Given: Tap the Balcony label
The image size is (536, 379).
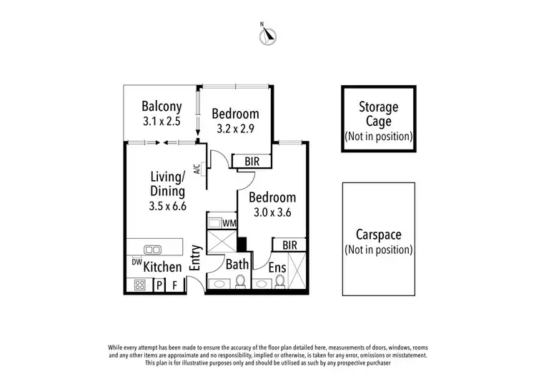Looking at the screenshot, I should click(160, 107).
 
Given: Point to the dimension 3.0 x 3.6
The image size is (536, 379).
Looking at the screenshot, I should click(272, 212).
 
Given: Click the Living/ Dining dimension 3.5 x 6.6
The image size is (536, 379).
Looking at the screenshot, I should click(168, 207).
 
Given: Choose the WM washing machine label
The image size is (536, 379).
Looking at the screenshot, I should click(229, 224).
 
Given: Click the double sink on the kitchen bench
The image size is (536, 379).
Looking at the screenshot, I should click(152, 250).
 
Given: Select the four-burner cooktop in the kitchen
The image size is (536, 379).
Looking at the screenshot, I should click(140, 285).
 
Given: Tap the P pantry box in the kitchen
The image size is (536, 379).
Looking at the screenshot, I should click(159, 285).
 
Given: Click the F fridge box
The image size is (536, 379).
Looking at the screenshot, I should click(174, 285).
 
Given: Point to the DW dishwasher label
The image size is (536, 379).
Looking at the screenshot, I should click(136, 262).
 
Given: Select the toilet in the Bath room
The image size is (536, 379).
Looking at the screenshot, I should click(240, 284).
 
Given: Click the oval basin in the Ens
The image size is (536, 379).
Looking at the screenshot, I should click(262, 285).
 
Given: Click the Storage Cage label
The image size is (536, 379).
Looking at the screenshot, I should click(378, 114).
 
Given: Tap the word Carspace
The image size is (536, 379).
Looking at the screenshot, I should click(378, 235).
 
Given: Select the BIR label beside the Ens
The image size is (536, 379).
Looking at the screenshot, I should click(289, 245).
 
